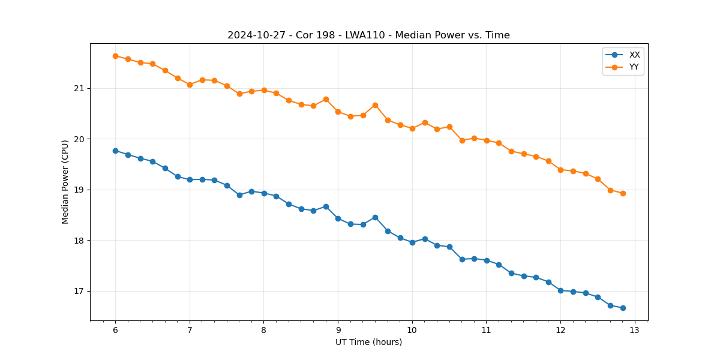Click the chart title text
[x=368, y=35]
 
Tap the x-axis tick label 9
[x=338, y=330]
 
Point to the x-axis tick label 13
[x=635, y=330]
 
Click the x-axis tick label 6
[x=115, y=330]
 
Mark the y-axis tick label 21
[x=79, y=89]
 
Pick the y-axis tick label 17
[x=79, y=292]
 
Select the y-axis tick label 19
[x=79, y=190]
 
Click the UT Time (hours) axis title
[x=368, y=342]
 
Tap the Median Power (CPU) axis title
[x=65, y=182]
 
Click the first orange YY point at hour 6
[x=115, y=56]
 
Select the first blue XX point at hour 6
[x=115, y=151]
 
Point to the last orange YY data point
[x=623, y=193]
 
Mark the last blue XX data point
[x=623, y=308]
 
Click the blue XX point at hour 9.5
[x=375, y=217]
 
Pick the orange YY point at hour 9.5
[x=375, y=105]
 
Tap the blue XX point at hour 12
[x=560, y=290]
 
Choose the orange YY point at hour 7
[x=190, y=85]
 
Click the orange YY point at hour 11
[x=487, y=140]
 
